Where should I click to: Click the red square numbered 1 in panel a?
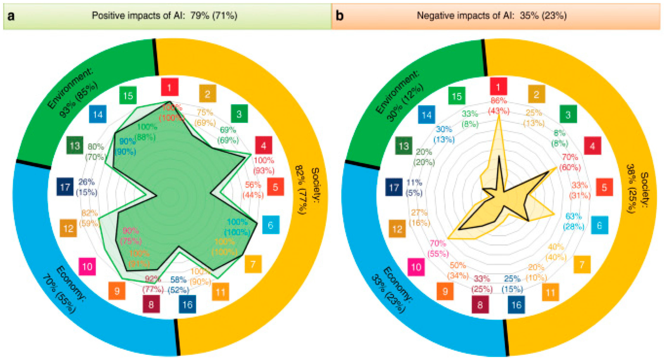click(170, 88)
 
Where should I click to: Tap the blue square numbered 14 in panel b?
click(427, 114)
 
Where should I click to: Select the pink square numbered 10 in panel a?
click(87, 266)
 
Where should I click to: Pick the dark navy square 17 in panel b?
click(394, 187)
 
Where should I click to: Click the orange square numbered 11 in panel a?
click(220, 292)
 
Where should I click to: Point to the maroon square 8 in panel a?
click(151, 304)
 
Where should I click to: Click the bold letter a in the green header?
click(11, 16)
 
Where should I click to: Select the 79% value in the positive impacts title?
click(200, 16)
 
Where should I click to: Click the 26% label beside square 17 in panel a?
click(86, 182)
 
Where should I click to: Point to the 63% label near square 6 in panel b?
click(574, 216)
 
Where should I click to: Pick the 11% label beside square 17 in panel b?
click(414, 182)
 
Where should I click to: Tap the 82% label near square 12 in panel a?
click(89, 213)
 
